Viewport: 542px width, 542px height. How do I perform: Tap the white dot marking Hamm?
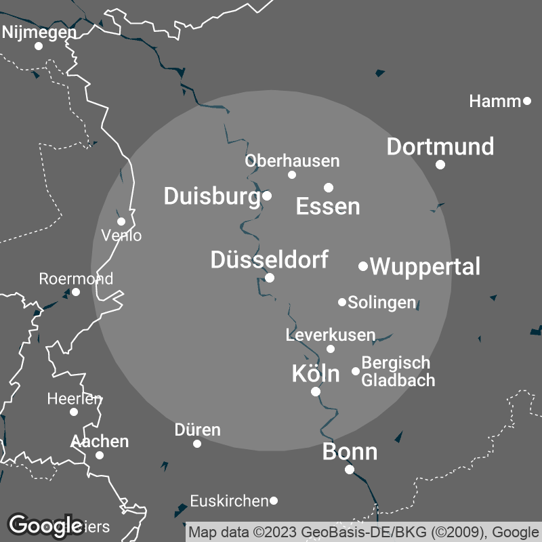527,102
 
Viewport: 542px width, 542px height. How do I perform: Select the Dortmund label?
440,146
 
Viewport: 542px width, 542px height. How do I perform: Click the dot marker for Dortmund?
440,165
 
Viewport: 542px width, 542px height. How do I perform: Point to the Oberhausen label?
292,161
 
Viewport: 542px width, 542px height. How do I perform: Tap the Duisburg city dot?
267,196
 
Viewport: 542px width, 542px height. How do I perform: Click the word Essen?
328,207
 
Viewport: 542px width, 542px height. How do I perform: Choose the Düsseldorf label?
270,259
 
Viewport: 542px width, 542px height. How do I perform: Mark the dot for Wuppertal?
363,266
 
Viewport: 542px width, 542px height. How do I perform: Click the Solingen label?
381,302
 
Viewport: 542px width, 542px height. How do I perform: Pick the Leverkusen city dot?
331,349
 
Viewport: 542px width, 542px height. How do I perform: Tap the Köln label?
315,373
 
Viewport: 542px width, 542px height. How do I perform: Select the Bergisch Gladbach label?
398,371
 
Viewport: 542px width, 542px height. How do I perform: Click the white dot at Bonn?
350,470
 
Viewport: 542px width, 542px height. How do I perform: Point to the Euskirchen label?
229,501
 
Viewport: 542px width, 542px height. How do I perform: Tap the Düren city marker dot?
197,444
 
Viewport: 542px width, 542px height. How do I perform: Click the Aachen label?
100,441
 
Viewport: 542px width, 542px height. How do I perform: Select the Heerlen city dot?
74,411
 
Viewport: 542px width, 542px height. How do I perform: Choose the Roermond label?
76,278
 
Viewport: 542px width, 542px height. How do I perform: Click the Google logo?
46,525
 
